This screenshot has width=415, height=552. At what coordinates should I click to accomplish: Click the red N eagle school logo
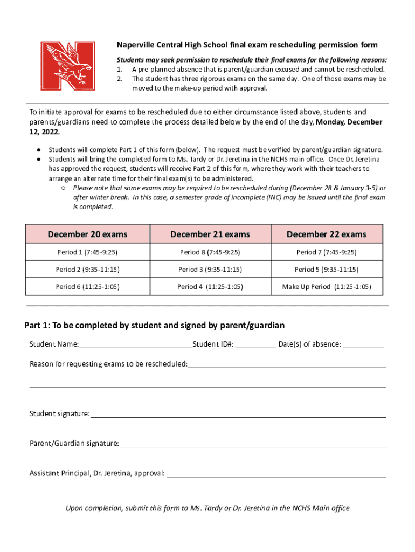[69, 66]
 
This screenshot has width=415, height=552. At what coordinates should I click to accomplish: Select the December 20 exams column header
[87, 234]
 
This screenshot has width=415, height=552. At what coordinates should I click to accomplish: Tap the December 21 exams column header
[210, 234]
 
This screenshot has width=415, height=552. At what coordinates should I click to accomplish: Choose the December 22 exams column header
[326, 234]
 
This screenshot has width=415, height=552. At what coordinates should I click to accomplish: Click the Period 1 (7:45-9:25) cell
[87, 252]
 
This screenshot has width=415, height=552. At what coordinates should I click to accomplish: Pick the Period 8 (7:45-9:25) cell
[210, 252]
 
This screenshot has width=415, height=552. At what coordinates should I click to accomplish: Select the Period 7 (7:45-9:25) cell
[326, 252]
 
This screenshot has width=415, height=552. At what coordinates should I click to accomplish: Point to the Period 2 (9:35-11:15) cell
[87, 270]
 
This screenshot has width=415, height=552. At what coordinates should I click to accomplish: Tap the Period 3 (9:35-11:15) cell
[210, 270]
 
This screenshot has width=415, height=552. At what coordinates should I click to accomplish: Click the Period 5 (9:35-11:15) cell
[326, 270]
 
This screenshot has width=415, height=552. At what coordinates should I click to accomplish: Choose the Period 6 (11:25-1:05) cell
[87, 287]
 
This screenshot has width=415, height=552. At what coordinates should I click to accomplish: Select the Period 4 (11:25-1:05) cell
[210, 287]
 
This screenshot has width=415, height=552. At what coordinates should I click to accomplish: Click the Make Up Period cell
[326, 287]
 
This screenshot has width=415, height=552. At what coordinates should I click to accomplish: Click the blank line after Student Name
[135, 345]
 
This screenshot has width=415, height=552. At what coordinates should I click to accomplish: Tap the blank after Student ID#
[255, 345]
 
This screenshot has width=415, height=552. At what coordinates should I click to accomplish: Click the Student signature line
[238, 414]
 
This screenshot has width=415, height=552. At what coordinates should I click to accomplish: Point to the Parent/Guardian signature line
[253, 444]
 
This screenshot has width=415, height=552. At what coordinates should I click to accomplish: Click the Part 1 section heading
[155, 325]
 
